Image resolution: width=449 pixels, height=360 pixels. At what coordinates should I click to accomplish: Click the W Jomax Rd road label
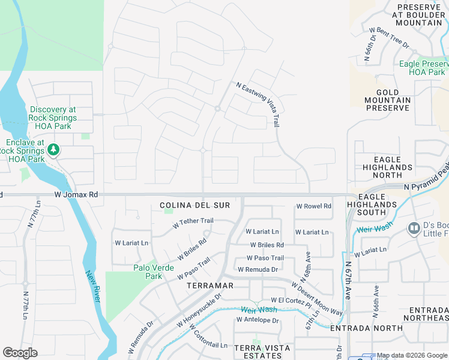coord(76,195)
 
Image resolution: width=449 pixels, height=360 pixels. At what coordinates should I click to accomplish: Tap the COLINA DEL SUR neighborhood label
coord(195,205)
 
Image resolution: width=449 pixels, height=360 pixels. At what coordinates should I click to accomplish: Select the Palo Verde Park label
coord(148,272)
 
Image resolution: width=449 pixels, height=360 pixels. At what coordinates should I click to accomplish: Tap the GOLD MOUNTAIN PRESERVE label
coord(388,100)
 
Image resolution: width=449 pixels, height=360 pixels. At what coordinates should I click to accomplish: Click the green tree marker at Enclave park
coord(53,149)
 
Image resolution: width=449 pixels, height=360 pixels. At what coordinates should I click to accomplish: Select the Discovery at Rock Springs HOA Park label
coord(52,118)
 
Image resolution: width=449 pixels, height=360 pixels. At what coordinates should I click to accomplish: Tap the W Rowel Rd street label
coord(313,206)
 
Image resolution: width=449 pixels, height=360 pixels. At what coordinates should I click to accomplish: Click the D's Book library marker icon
coord(414,228)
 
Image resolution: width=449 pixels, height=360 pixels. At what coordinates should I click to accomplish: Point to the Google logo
coord(20,353)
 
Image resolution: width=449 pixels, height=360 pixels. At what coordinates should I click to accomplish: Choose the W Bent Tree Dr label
coord(388,37)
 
